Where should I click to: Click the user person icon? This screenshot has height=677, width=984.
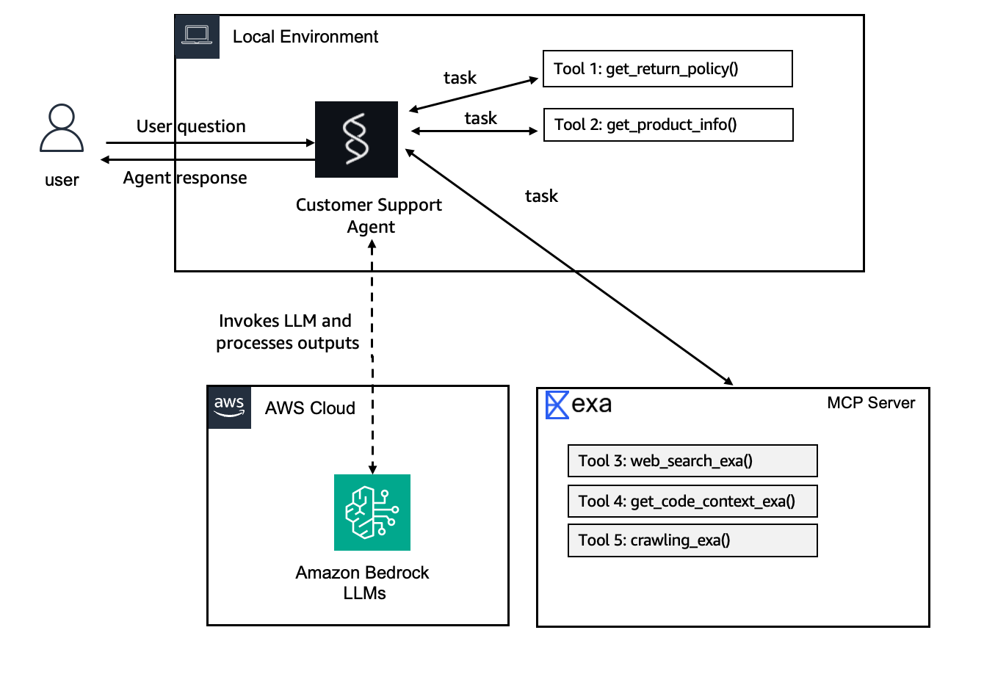pos(62,128)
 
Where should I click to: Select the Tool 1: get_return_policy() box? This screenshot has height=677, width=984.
pos(668,69)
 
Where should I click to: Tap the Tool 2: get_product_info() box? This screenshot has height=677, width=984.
pos(668,125)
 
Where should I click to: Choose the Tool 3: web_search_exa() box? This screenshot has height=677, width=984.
pos(692,461)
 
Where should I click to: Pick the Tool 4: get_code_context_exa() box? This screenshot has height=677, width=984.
pos(692,502)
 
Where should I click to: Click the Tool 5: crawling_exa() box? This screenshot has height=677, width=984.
pos(692,540)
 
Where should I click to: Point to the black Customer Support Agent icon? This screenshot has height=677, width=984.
pos(356,140)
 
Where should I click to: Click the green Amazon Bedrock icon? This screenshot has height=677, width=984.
pos(372,513)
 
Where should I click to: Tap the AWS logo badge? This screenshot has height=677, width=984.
pos(229,407)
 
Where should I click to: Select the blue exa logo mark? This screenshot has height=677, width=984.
pos(557,405)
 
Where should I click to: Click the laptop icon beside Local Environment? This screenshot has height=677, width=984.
pos(197,36)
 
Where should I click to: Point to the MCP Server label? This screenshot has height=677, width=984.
pos(871,403)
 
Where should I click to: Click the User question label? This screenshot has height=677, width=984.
pos(191,126)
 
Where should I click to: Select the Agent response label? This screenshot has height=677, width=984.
pos(185,178)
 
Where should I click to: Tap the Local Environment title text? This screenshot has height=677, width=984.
pos(305,37)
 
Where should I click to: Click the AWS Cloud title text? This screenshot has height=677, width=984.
pos(310,408)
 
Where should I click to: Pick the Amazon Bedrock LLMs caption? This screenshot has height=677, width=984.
pos(363,583)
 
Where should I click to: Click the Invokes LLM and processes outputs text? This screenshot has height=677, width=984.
pos(287,332)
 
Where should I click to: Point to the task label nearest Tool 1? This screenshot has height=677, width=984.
pos(460,78)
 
